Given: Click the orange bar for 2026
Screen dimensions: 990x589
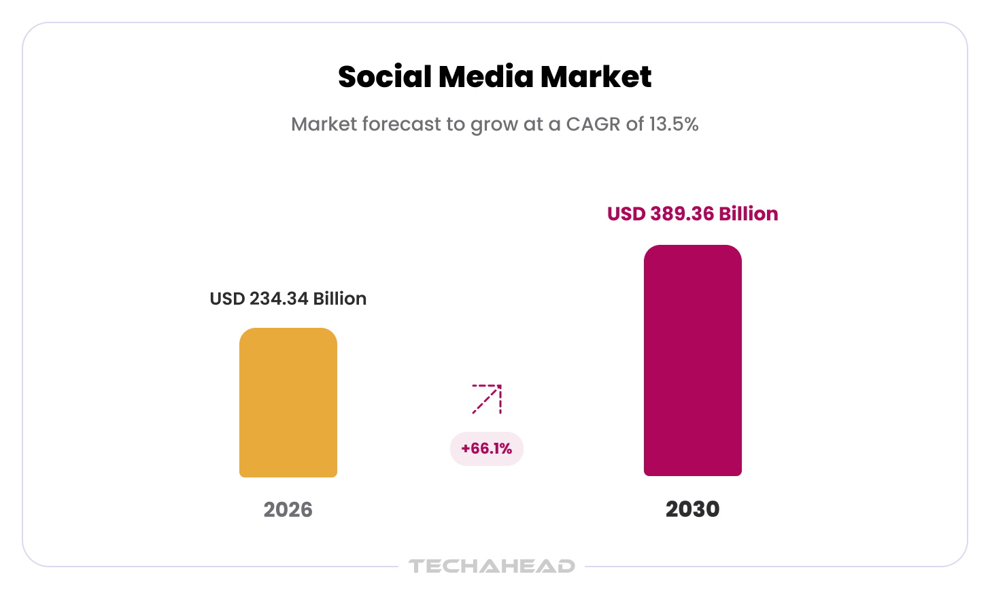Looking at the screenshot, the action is [288, 403].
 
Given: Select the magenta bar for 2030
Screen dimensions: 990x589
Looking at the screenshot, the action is [693, 360].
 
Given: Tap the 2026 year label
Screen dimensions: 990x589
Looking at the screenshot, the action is [288, 509].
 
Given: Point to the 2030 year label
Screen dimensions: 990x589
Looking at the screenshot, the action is [693, 509].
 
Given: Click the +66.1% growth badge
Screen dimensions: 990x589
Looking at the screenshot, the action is [487, 449].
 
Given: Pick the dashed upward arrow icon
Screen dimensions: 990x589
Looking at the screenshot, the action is [487, 399].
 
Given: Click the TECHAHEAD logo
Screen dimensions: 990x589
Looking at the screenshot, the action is [492, 566].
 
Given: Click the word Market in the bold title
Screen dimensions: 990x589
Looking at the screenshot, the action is [596, 76].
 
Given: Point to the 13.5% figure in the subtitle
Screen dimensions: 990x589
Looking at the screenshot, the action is [674, 124].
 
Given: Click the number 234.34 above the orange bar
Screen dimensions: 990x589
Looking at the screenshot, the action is [279, 299].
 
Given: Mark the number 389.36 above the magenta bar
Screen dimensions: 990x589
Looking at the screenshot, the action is [682, 214].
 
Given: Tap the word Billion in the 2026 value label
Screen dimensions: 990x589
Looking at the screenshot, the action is [340, 299].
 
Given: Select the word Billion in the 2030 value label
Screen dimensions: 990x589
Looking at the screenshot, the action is [749, 214].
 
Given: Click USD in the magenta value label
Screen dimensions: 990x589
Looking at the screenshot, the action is [626, 214].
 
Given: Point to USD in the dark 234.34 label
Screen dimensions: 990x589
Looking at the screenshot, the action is [227, 299].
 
